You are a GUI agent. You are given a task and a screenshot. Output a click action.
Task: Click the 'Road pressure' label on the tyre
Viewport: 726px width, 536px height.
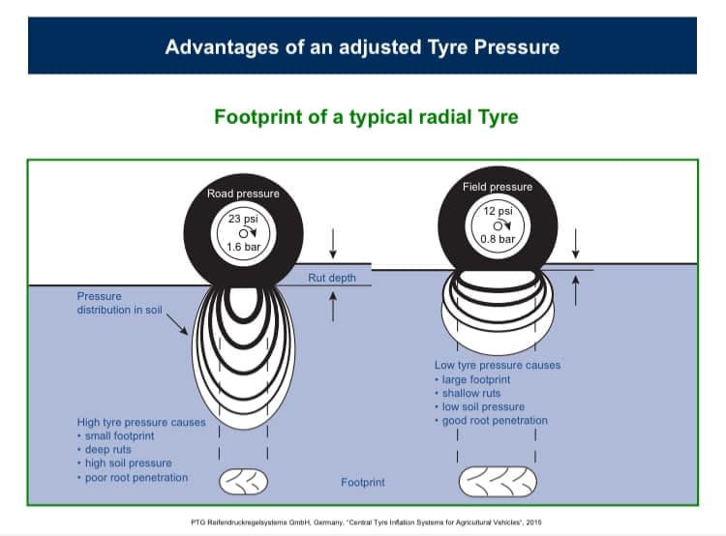click(243, 194)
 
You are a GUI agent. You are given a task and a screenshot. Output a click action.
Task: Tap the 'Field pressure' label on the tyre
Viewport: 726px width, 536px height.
click(498, 187)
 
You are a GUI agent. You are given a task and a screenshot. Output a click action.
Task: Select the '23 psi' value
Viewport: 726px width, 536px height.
click(243, 219)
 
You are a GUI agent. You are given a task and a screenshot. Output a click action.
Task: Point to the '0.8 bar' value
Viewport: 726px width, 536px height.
click(498, 239)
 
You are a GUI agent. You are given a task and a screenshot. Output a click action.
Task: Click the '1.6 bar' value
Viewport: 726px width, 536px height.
click(244, 247)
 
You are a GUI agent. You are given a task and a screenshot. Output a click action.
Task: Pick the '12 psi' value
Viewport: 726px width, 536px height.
click(498, 211)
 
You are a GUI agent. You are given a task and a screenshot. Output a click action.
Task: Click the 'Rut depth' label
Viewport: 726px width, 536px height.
click(332, 278)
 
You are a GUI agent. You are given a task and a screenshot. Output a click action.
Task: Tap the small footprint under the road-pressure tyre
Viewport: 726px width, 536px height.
click(243, 482)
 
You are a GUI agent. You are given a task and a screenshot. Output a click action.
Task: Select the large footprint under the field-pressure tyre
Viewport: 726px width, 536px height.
click(498, 482)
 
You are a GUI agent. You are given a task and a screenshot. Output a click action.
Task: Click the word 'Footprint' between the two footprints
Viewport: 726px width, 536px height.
click(363, 483)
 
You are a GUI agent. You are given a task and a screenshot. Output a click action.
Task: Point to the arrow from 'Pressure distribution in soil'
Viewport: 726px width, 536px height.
click(177, 324)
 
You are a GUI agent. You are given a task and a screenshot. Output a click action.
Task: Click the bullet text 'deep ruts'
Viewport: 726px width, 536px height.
click(107, 450)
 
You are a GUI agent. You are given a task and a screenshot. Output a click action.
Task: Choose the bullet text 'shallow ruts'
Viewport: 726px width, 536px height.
click(471, 393)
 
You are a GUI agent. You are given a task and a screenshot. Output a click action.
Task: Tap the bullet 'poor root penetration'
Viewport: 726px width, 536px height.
click(136, 477)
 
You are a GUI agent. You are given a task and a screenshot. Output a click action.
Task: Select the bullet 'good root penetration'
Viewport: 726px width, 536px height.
click(495, 420)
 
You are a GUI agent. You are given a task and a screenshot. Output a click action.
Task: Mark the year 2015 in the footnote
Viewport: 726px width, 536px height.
click(533, 522)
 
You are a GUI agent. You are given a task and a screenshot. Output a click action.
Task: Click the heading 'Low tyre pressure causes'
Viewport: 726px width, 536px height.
click(498, 365)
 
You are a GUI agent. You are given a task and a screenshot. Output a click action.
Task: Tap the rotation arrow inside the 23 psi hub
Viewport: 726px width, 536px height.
click(251, 231)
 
